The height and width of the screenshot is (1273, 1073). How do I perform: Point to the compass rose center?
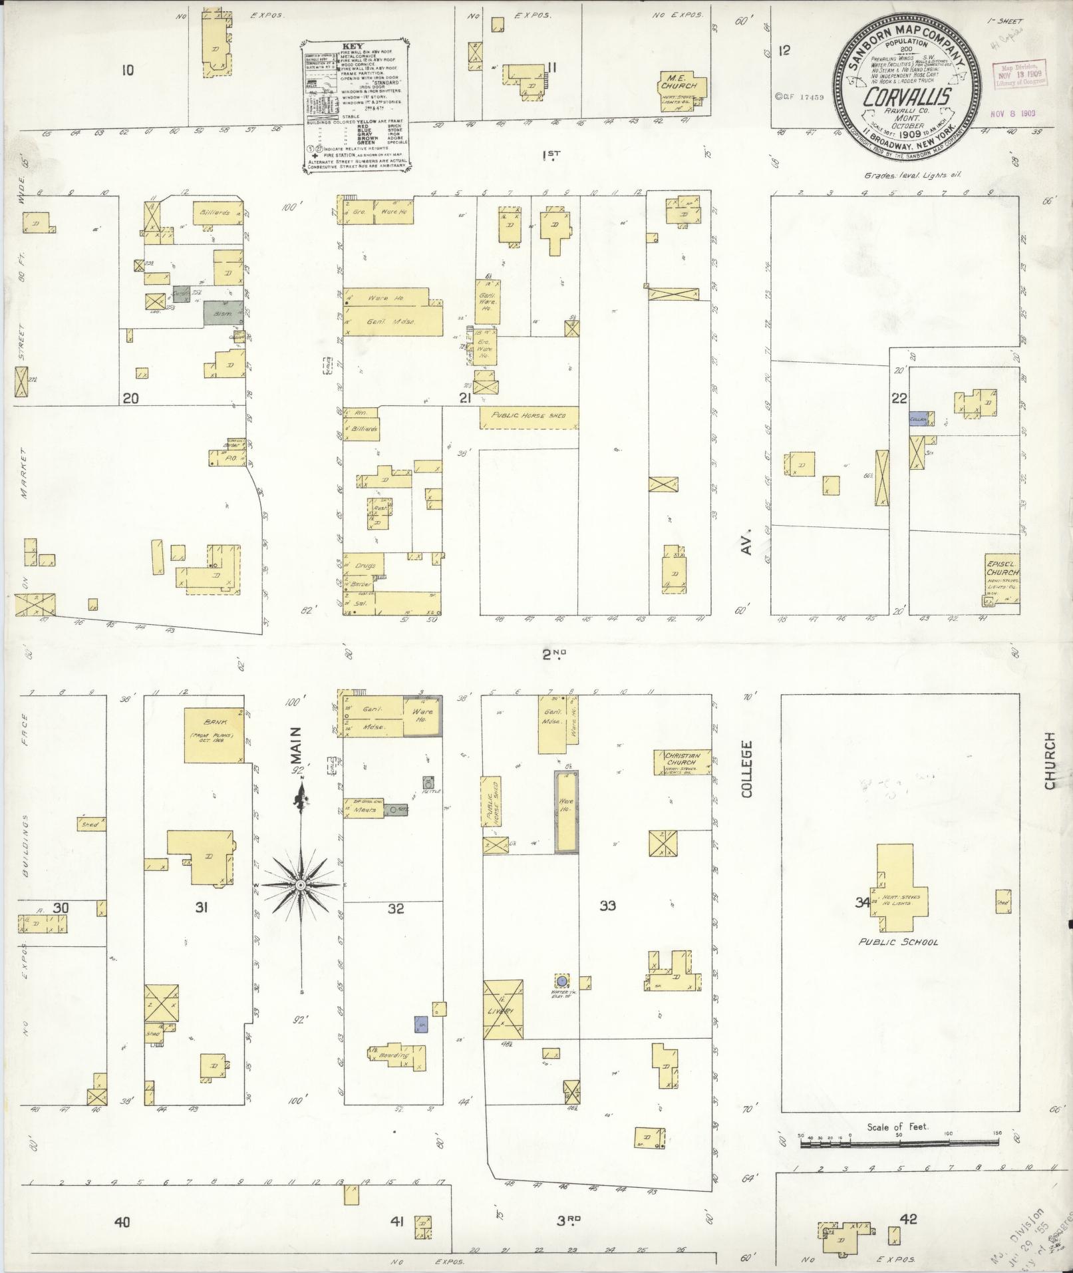(301, 885)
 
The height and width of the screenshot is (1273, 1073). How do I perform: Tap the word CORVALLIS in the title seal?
(907, 97)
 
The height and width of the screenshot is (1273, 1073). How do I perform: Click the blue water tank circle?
(562, 980)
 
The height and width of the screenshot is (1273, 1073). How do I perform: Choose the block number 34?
(862, 903)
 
